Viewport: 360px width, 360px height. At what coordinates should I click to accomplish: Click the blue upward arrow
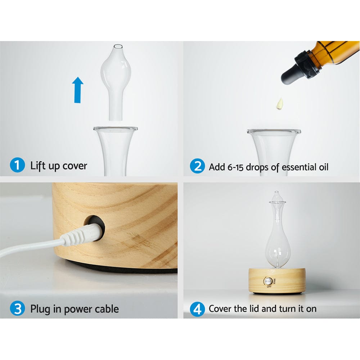[77, 90]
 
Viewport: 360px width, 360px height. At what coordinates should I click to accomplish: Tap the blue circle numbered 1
[17, 166]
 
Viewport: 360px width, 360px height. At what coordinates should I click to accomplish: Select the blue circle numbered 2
[197, 167]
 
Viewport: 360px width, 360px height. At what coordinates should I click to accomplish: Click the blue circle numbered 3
[17, 309]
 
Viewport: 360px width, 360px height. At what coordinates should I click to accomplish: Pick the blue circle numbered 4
[197, 309]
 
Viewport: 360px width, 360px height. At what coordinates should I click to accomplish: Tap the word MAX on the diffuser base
[275, 281]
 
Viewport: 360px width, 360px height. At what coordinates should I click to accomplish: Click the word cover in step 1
[75, 166]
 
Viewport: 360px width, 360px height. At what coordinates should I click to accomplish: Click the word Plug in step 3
[41, 309]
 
